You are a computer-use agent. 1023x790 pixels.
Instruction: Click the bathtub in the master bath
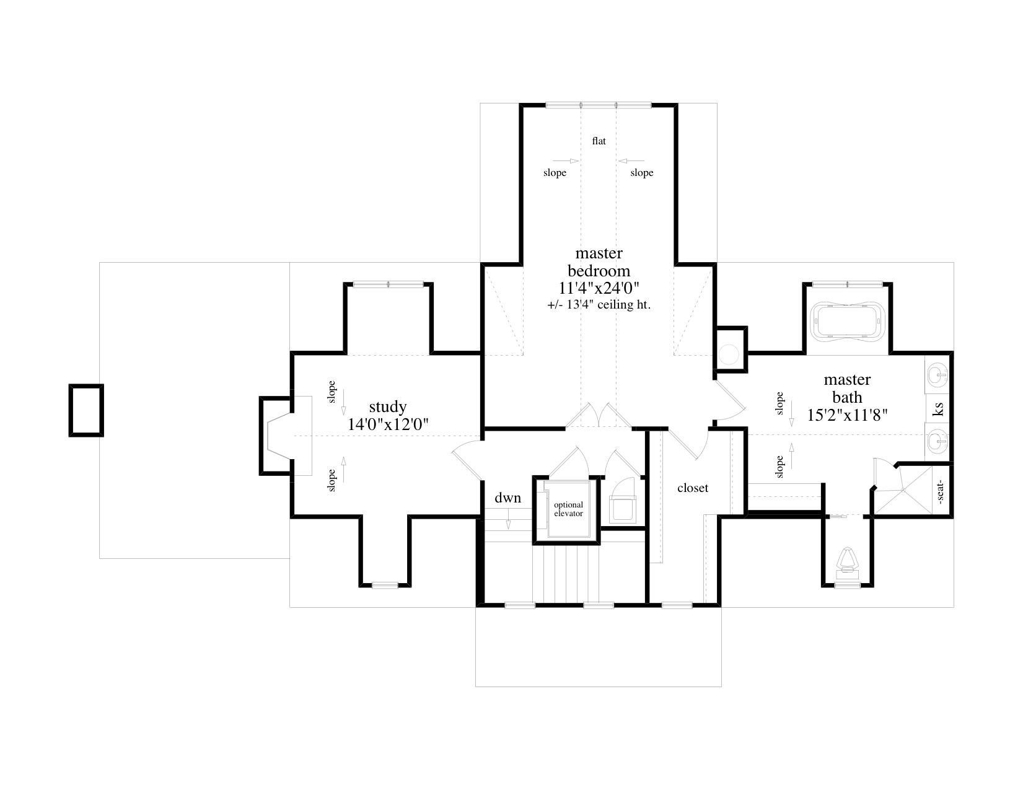[847, 322]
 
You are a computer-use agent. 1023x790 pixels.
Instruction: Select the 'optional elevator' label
[568, 509]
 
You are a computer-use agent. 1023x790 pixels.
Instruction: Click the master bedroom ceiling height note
[599, 305]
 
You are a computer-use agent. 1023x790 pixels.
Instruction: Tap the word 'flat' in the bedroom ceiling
[599, 141]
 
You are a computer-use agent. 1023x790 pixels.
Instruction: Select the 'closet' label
[692, 488]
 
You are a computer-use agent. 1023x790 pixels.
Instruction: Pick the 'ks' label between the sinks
[938, 409]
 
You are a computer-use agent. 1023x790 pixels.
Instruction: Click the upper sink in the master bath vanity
[938, 375]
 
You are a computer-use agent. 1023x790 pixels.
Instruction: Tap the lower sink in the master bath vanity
[938, 441]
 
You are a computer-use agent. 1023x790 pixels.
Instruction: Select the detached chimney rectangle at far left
[86, 411]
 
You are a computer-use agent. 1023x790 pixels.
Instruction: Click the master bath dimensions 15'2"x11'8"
[848, 415]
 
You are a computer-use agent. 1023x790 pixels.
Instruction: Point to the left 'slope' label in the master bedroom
[555, 173]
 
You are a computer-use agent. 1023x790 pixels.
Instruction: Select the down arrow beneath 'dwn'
[508, 518]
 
